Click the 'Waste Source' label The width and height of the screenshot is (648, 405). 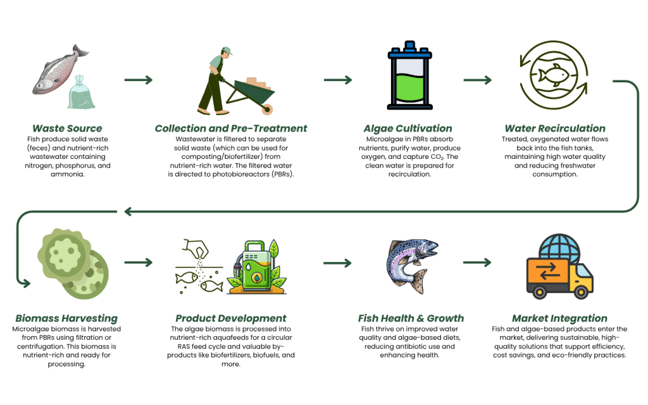pyautogui.click(x=67, y=128)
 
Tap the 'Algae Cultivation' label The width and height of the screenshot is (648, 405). pyautogui.click(x=408, y=128)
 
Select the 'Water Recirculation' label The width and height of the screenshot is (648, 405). pyautogui.click(x=554, y=128)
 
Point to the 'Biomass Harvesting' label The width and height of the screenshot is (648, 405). pyautogui.click(x=66, y=318)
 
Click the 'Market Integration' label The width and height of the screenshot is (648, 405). pyautogui.click(x=559, y=318)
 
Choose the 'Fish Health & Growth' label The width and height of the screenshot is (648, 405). pyautogui.click(x=411, y=318)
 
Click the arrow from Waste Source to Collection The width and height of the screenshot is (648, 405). pyautogui.click(x=139, y=80)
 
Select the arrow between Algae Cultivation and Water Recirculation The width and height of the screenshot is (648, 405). pyautogui.click(x=478, y=80)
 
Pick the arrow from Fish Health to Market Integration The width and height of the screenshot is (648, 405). pyautogui.click(x=477, y=263)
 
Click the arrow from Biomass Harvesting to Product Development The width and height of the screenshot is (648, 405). pyautogui.click(x=139, y=263)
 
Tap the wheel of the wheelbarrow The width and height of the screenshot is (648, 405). pyautogui.click(x=267, y=109)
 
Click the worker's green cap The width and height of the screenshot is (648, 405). pyautogui.click(x=227, y=51)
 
